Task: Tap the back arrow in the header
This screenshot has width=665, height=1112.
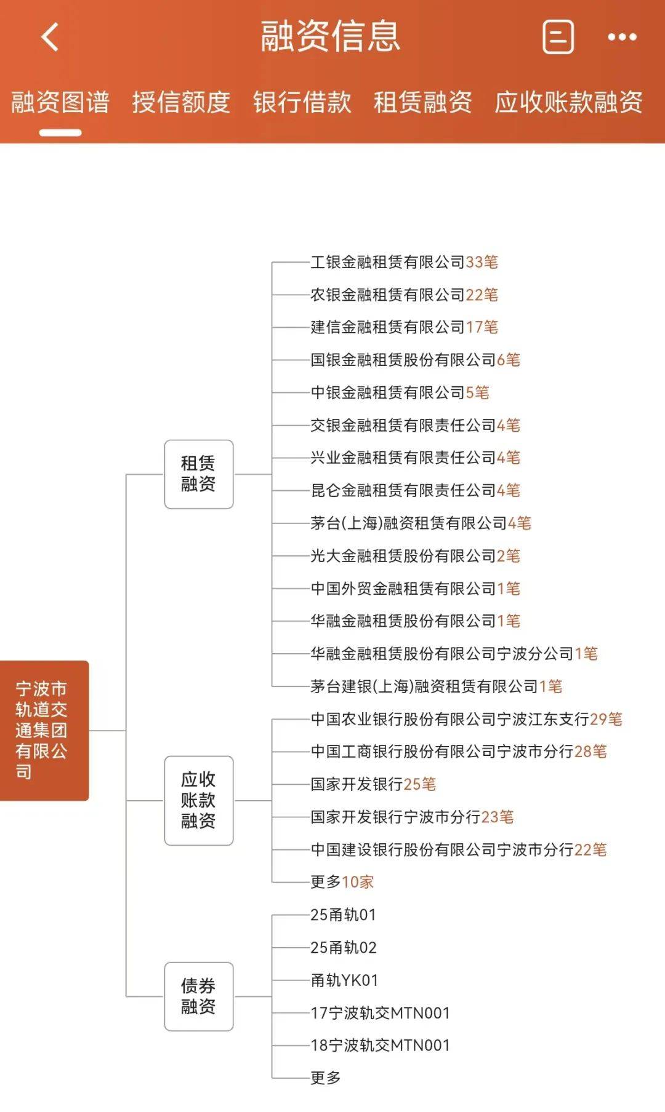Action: [x=50, y=37]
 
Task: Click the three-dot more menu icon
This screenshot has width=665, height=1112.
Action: [x=622, y=37]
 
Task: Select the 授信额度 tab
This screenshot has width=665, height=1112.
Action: [x=181, y=102]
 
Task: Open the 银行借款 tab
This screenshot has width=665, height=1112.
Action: [x=302, y=102]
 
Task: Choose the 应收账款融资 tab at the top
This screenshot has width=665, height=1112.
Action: [x=569, y=102]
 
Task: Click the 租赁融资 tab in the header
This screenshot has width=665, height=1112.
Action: [x=423, y=102]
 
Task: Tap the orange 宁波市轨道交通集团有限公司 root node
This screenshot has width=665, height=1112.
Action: [x=44, y=731]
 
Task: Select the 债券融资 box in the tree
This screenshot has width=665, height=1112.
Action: [x=199, y=996]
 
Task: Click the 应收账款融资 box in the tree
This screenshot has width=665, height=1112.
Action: [x=199, y=801]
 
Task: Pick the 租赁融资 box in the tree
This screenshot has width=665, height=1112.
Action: [x=199, y=474]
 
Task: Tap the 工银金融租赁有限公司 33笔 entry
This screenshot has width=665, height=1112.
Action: [x=405, y=262]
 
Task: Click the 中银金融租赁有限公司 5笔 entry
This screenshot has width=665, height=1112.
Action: [x=400, y=392]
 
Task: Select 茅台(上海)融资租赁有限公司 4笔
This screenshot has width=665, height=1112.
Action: [x=421, y=523]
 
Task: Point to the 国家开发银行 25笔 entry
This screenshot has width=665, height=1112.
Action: [x=373, y=784]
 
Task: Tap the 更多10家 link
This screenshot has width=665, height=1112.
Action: [x=342, y=882]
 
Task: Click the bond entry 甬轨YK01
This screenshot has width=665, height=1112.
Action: [x=344, y=980]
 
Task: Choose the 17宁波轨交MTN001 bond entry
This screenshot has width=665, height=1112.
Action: [x=381, y=1013]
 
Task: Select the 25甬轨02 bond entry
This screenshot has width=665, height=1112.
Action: [x=344, y=948]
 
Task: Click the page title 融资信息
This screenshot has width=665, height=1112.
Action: [x=331, y=36]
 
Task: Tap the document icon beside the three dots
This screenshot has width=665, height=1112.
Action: [x=558, y=37]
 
